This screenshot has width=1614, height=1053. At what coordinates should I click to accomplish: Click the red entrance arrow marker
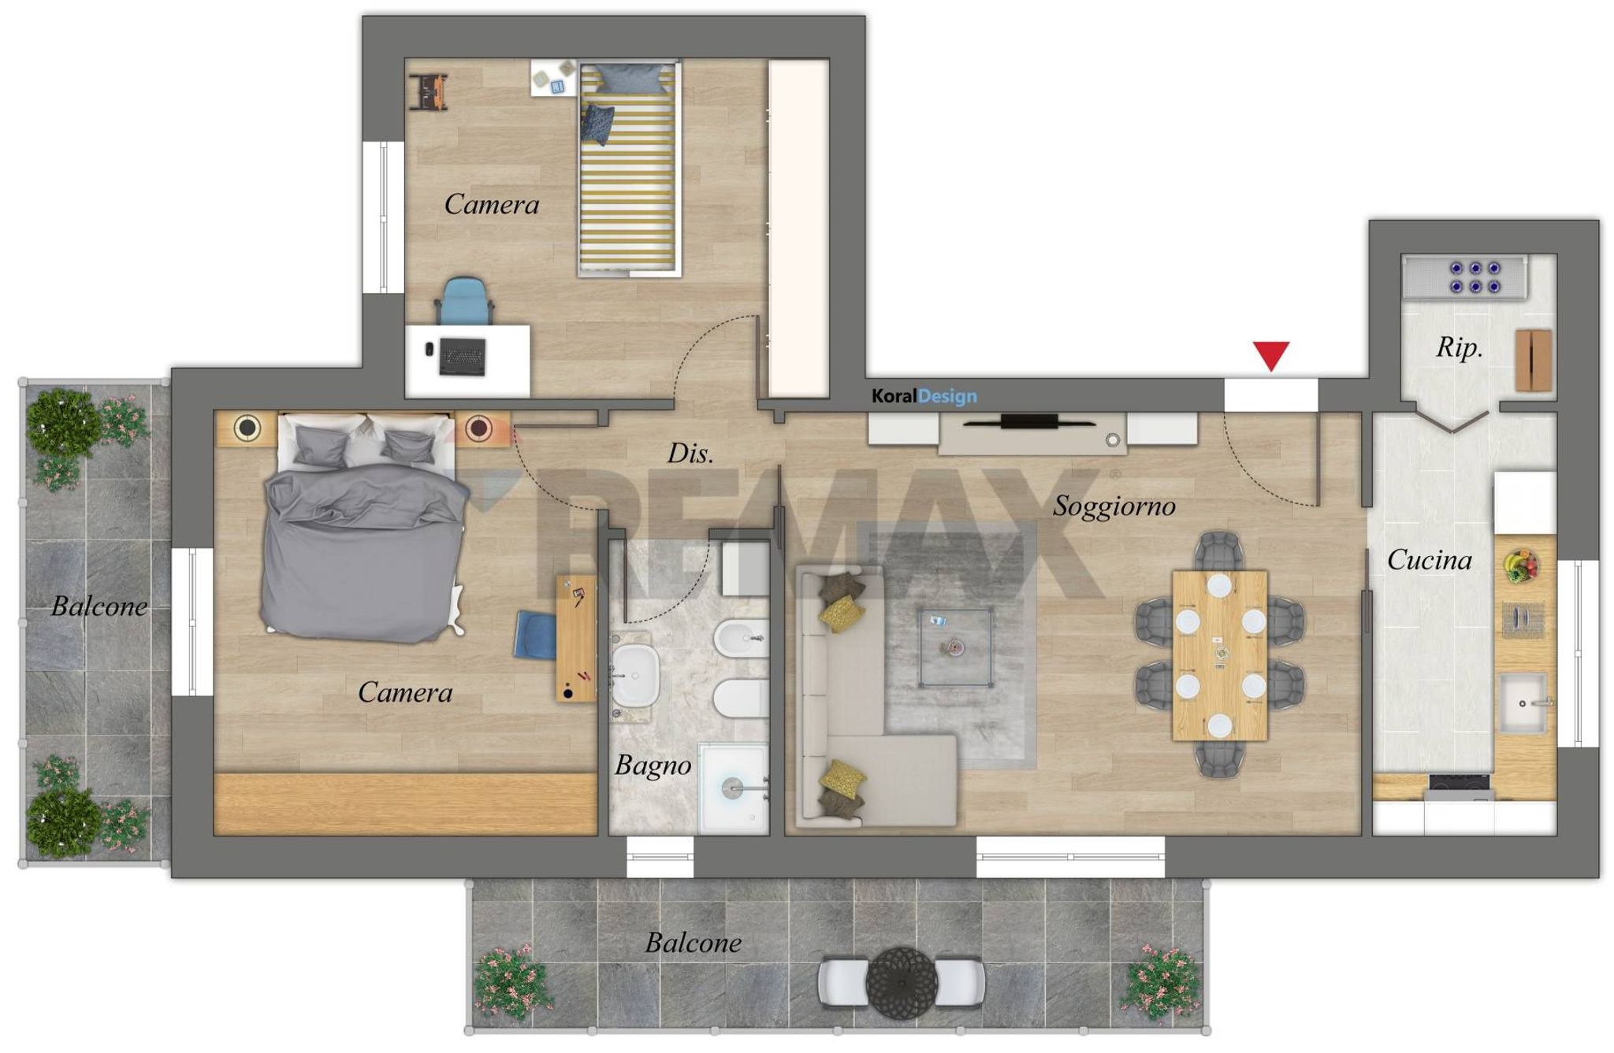(x=1271, y=355)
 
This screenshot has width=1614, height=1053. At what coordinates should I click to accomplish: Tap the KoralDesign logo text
(x=924, y=396)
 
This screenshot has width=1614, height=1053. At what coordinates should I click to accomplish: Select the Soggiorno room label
(x=1114, y=506)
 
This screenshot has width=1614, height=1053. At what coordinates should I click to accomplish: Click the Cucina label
(x=1430, y=560)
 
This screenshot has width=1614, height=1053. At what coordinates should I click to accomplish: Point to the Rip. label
(x=1460, y=347)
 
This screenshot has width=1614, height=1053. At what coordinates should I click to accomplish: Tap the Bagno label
(x=653, y=766)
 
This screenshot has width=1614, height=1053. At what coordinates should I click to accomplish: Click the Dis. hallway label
(x=690, y=453)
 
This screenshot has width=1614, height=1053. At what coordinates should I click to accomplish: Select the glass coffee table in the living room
(x=955, y=647)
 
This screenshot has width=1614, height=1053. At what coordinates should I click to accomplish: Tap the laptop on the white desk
(x=463, y=356)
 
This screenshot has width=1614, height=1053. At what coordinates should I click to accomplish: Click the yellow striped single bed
(x=629, y=169)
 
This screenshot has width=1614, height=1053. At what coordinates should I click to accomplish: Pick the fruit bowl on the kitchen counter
(x=1521, y=565)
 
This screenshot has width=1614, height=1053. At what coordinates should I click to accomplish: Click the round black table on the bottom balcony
(x=902, y=982)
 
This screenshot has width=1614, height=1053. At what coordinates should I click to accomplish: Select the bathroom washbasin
(x=635, y=676)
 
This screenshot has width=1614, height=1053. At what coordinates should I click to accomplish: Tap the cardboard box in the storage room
(x=1534, y=360)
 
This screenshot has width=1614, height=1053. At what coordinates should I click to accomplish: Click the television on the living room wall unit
(x=1029, y=421)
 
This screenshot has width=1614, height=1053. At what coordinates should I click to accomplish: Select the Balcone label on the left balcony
(x=99, y=606)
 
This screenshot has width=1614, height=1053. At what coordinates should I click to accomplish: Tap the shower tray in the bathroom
(x=733, y=787)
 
